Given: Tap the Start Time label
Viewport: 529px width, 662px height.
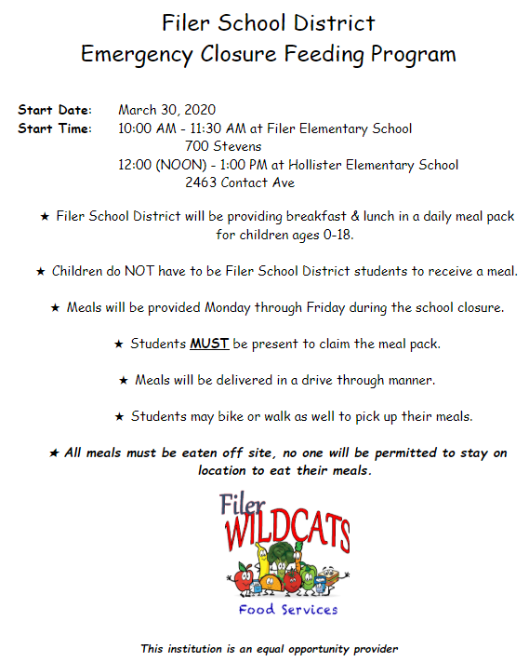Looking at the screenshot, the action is (54, 128).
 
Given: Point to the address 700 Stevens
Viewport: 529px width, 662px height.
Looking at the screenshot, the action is (223, 146).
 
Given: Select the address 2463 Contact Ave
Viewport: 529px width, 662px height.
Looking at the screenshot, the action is (240, 182).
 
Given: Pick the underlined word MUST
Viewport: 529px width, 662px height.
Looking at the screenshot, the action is (209, 344).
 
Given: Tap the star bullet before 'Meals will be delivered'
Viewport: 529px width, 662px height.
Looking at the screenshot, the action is (124, 380).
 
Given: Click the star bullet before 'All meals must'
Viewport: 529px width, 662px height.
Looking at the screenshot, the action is (53, 453).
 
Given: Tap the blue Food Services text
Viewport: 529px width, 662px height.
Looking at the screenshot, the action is (287, 610).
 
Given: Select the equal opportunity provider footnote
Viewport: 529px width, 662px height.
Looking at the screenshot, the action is (269, 648).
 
